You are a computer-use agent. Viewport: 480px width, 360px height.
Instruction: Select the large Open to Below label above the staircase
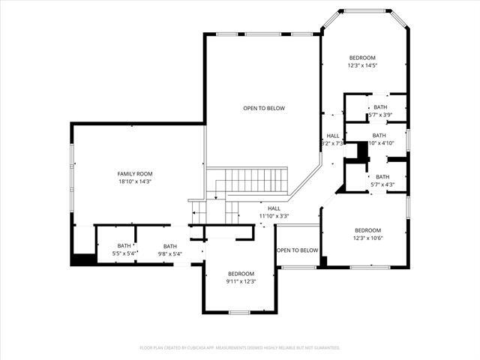click(x=263, y=108)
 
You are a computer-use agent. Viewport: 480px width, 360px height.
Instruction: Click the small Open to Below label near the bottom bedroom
click(x=297, y=250)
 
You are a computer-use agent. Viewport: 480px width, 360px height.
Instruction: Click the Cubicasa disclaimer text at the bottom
click(x=240, y=348)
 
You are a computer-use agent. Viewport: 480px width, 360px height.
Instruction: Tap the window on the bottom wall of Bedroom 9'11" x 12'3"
click(x=239, y=312)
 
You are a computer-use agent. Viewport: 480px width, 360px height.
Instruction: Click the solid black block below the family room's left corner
click(x=82, y=260)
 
